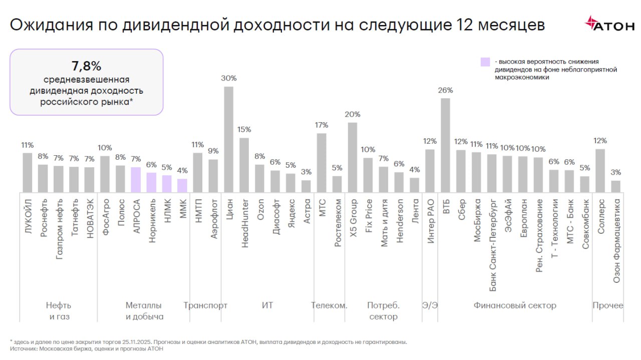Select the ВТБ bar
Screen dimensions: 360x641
[445, 145]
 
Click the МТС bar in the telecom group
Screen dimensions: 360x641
[322, 162]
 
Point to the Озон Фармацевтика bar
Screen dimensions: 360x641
[616, 186]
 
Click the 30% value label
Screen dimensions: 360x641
[228, 78]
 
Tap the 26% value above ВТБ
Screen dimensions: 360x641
[445, 90]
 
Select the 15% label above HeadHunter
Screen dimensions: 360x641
[244, 129]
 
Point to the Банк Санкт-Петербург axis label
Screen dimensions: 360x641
[493, 245]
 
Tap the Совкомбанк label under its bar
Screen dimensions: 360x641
[585, 224]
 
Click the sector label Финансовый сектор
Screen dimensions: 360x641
[515, 305]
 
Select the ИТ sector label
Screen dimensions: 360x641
[267, 305]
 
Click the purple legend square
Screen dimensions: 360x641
[485, 62]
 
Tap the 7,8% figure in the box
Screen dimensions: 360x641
[87, 66]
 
